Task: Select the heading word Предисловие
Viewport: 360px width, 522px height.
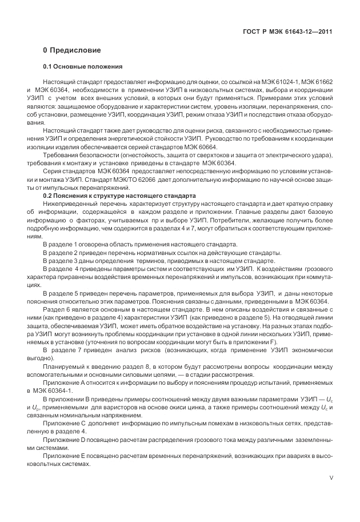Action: [75, 50]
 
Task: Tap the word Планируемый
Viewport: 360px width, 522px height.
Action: [66, 366]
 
